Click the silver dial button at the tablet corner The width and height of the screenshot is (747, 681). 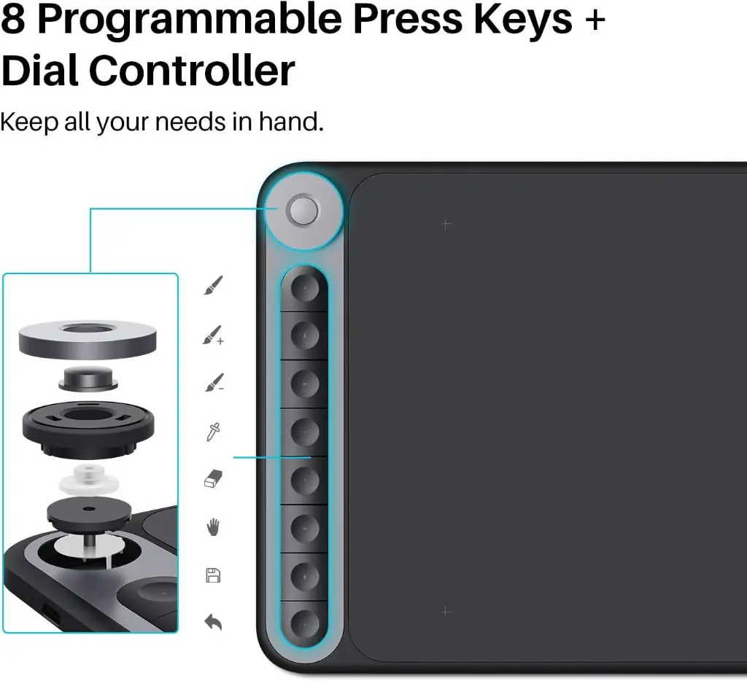303,210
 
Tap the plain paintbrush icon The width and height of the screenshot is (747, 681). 214,285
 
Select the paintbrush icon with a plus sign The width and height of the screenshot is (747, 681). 214,335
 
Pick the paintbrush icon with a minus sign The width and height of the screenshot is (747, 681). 214,382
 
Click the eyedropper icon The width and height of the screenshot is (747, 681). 213,432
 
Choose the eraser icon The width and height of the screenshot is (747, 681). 214,479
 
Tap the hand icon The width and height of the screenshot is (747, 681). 213,527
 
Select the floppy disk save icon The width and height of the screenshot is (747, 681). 213,575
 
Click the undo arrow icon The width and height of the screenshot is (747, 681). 213,623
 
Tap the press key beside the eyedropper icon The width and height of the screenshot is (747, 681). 304,432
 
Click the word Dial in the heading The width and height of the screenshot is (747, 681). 40,71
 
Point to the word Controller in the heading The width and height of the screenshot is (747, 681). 192,71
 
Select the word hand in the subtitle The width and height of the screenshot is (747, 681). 291,122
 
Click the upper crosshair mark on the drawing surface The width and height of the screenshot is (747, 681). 446,225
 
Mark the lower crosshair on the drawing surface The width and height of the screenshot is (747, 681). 446,610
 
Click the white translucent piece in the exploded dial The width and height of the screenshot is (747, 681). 88,480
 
